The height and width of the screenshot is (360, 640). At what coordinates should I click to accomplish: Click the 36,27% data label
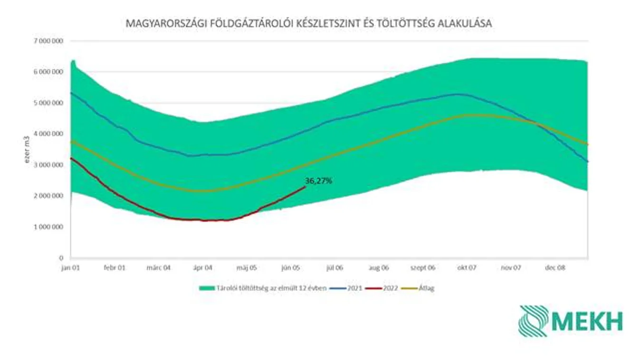click(x=318, y=181)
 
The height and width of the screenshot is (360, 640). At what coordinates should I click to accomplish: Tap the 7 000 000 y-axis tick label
click(x=48, y=41)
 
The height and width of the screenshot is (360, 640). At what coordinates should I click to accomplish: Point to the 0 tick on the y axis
click(x=61, y=258)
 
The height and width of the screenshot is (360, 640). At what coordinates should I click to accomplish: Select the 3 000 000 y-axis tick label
click(x=48, y=165)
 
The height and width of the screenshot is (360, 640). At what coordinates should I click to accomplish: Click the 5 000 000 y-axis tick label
click(x=48, y=103)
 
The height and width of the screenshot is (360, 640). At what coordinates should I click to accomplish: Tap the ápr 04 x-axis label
click(x=202, y=268)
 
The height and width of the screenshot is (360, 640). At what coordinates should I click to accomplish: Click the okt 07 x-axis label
click(x=467, y=268)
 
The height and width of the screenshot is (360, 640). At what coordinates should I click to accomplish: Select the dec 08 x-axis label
click(x=555, y=268)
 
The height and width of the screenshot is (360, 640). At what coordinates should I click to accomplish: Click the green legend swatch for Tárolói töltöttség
click(x=207, y=288)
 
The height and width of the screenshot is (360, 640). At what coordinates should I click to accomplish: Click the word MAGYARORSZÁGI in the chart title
click(x=157, y=23)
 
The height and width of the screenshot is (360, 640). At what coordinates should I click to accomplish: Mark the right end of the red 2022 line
click(x=305, y=187)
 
